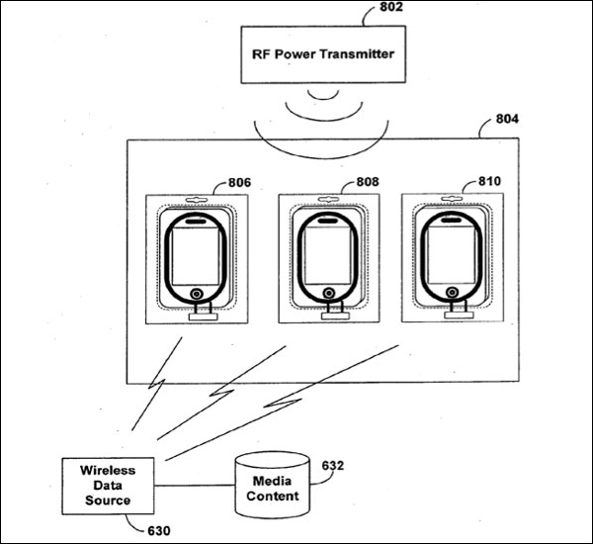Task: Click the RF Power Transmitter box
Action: pyautogui.click(x=323, y=54)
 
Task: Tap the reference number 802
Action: pyautogui.click(x=391, y=7)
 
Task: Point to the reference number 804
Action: pyautogui.click(x=507, y=119)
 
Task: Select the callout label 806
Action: pyautogui.click(x=239, y=182)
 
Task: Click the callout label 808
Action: pyautogui.click(x=368, y=182)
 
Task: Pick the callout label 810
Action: pyautogui.click(x=489, y=181)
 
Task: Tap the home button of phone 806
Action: pyautogui.click(x=197, y=294)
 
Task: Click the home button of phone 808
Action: pyautogui.click(x=329, y=293)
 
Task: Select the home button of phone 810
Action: pyautogui.click(x=452, y=292)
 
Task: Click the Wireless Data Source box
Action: pyautogui.click(x=108, y=486)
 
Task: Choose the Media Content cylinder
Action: pyautogui.click(x=273, y=486)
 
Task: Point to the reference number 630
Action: pyautogui.click(x=158, y=531)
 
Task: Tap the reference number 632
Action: pyautogui.click(x=333, y=465)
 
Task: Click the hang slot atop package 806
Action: pyautogui.click(x=197, y=199)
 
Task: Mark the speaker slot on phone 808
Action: pyautogui.click(x=327, y=221)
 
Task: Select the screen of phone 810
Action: pyautogui.click(x=451, y=255)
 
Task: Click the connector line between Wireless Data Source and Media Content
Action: pyautogui.click(x=195, y=486)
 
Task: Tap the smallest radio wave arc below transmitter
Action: pyautogui.click(x=323, y=95)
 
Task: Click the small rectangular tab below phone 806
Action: pyautogui.click(x=203, y=317)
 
